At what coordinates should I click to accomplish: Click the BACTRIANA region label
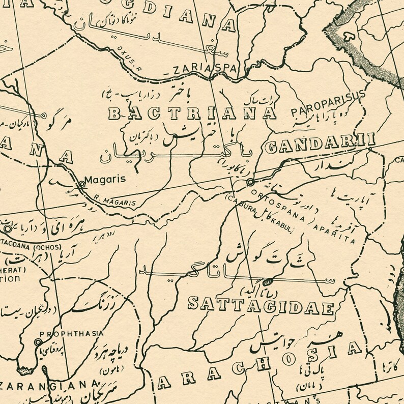click(192, 113)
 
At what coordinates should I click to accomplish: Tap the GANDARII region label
click(320, 145)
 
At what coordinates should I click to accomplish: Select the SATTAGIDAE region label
click(261, 305)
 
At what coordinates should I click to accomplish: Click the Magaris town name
click(105, 180)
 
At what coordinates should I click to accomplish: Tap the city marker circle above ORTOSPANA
click(250, 182)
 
